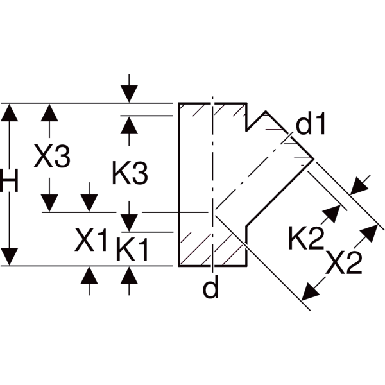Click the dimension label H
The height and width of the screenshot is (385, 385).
[9, 180]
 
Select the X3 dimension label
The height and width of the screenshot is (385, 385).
[52, 156]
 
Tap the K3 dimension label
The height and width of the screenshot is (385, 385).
[130, 173]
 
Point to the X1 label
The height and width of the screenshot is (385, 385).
[90, 239]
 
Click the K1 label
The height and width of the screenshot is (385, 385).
[132, 248]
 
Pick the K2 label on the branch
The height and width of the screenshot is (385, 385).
[306, 238]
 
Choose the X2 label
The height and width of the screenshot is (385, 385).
[344, 262]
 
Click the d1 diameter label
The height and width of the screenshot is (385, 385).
[311, 123]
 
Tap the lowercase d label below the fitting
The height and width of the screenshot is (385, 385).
[210, 287]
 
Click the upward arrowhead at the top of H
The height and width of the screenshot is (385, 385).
[10, 112]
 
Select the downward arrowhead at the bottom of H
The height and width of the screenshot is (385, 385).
[10, 257]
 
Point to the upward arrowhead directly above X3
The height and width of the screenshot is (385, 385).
[49, 112]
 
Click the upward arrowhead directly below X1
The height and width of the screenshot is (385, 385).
[89, 275]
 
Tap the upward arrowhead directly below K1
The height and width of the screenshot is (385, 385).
[129, 275]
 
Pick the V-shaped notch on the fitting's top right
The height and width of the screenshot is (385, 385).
[247, 130]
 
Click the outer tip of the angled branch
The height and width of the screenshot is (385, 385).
[314, 159]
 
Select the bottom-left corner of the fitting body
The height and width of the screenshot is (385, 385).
[179, 266]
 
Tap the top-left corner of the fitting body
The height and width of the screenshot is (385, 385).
[179, 103]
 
